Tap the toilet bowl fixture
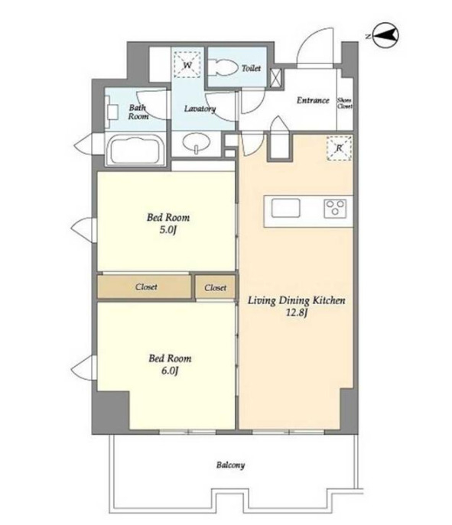pos(223,68)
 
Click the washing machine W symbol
pos(187,65)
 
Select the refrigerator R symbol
pos(339,148)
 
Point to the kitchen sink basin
pos(285,208)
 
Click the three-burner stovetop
pos(335,208)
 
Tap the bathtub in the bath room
pos(135,150)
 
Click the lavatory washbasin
pos(197,143)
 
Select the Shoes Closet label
pos(345,103)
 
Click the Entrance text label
pos(313,100)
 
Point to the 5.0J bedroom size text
pos(168,230)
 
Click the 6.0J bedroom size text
pos(170,371)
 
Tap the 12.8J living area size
pos(297,313)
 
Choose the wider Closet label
pos(146,287)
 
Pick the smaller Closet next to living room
pos(215,287)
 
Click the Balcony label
pos(230,465)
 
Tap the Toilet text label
pos(252,68)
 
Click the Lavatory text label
pos(200,109)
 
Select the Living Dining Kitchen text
pos(297,300)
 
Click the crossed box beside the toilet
pos(275,79)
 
